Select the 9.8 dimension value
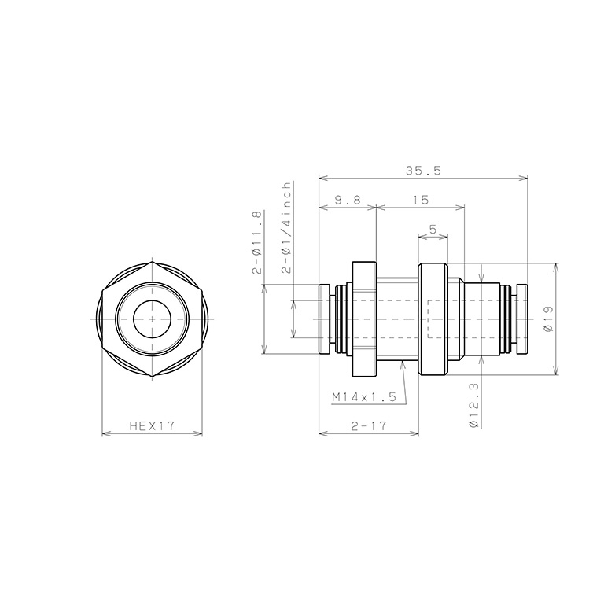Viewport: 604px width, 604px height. pos(347,201)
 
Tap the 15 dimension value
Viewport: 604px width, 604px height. pos(420,201)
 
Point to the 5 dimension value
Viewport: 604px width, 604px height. pos(433,230)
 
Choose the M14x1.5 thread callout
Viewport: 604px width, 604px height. pos(363,398)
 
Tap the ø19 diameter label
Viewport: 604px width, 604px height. pos(547,318)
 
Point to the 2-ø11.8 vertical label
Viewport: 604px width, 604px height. pos(256,242)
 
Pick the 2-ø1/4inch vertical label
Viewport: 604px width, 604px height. pos(286,227)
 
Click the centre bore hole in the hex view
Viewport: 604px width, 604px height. pos(152,319)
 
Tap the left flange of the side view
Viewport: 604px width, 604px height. pos(363,319)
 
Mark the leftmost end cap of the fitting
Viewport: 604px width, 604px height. pos(326,319)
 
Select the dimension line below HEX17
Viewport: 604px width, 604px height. pos(152,433)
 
